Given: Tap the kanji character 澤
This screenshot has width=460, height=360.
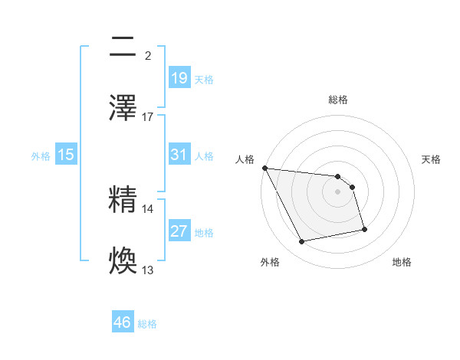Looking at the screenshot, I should coord(123,108).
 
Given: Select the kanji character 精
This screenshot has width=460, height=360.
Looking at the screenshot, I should coord(123,200).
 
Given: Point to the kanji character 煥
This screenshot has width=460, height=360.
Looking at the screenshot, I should coord(123,261).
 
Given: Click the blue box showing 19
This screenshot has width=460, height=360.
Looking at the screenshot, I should coord(179,78).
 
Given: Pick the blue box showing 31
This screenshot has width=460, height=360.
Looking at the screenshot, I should coord(179,155).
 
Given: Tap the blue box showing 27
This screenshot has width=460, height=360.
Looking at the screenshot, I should coord(179,231).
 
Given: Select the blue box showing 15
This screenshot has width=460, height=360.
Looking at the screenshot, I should coord(66,155).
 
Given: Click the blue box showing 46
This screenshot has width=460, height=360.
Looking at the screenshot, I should coord(123,322).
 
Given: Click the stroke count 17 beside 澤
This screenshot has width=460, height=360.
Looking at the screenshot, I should coord(149,117).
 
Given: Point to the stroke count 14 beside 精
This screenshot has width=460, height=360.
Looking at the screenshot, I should coord(149,208).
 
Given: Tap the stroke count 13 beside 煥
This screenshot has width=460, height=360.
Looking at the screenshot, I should coord(149,270).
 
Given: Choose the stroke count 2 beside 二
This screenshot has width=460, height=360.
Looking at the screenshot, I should coord(148,56).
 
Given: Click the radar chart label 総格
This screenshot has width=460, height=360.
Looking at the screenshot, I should coord(338,100).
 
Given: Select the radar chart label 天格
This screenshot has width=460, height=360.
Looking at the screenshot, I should coord(431,159).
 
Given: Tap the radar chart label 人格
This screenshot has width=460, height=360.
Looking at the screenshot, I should coord(245,159).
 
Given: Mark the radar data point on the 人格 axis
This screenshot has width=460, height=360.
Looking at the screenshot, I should coord(264,168).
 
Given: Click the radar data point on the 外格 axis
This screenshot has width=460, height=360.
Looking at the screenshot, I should coord(302,242).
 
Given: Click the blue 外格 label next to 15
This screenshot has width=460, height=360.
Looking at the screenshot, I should coord(41,155).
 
